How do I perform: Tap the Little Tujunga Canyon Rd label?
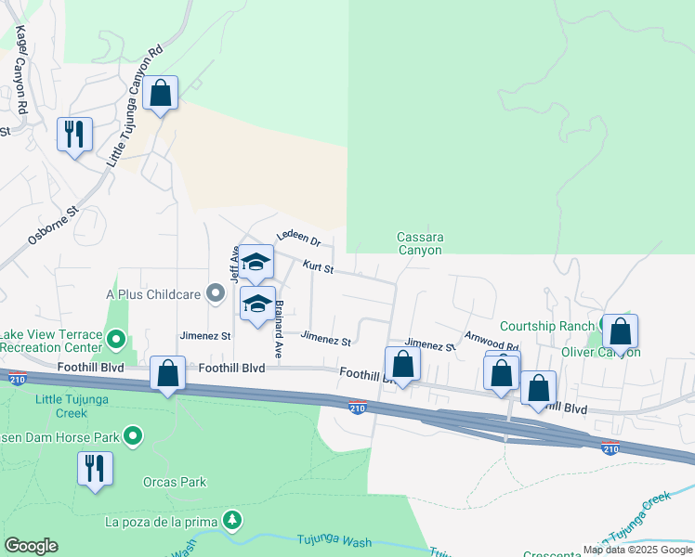point(136,106)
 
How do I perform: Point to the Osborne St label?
point(50,228)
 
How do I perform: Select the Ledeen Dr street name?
point(298,239)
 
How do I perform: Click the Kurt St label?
point(318,267)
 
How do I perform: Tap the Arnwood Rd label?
point(492,340)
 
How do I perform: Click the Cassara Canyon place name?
point(420,243)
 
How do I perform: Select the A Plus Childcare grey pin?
point(216,294)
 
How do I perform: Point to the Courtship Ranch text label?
point(547,326)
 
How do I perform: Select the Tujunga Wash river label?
point(334,541)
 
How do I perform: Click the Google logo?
point(31,546)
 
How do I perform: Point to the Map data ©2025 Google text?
point(638,550)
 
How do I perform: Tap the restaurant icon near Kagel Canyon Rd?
point(74,135)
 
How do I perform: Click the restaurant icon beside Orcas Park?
point(95,468)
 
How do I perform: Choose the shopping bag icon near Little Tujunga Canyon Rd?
point(161,93)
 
